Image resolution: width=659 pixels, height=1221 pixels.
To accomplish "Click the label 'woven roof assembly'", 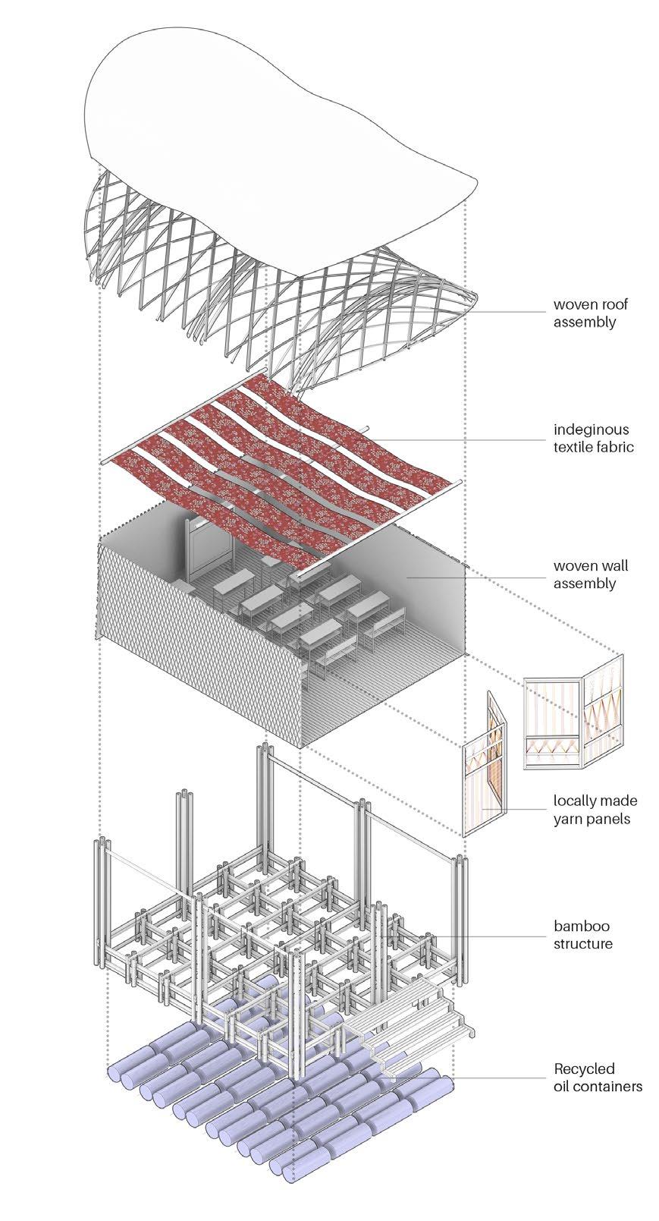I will pos(590,313).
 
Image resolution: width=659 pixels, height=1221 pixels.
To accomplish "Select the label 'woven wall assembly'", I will pos(590,574).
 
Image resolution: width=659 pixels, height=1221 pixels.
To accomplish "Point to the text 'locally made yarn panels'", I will pos(595,809).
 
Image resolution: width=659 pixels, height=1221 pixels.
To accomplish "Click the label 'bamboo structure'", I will pos(582,934).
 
